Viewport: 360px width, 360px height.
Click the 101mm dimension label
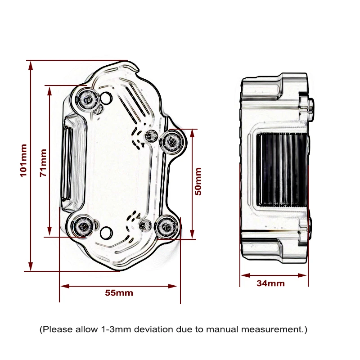24,161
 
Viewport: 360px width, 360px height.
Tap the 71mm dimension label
43,162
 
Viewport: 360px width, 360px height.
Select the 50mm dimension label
198,181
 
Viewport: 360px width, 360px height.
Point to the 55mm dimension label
119,293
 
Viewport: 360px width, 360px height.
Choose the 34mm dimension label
271,283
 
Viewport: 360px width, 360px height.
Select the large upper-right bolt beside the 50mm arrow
172,141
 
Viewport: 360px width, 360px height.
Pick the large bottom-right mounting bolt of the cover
166,227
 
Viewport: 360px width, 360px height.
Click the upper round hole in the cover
106,98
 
